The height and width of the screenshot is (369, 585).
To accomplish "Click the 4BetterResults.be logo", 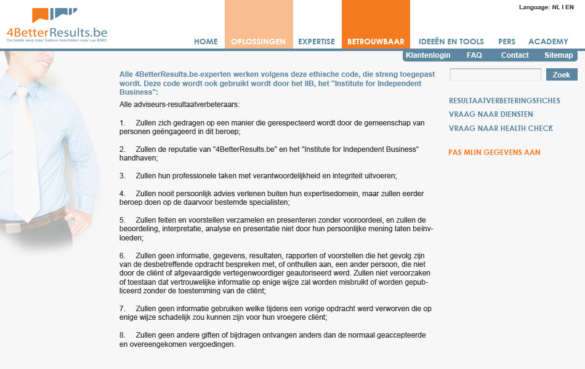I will pyautogui.click(x=57, y=26).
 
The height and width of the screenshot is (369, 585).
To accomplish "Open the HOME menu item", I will pyautogui.click(x=206, y=42).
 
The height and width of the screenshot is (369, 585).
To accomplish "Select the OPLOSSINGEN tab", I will pyautogui.click(x=258, y=42).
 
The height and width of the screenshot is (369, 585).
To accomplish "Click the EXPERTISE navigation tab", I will pyautogui.click(x=317, y=42).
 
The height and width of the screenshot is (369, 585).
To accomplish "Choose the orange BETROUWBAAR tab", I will pyautogui.click(x=376, y=42).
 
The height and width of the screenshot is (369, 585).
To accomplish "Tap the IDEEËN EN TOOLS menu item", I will pyautogui.click(x=451, y=42).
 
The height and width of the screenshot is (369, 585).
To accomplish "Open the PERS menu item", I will pyautogui.click(x=507, y=42).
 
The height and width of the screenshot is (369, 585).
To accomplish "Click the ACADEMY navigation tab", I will pyautogui.click(x=548, y=42).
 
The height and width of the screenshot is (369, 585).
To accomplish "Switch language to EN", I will pyautogui.click(x=570, y=7).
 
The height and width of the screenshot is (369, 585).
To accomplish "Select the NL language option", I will pyautogui.click(x=555, y=7).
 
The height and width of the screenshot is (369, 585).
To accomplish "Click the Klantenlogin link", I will pyautogui.click(x=428, y=55).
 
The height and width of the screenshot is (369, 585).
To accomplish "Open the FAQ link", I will pyautogui.click(x=474, y=55).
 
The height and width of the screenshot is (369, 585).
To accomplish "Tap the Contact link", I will pyautogui.click(x=515, y=55).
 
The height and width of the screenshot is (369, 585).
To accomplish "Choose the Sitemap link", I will pyautogui.click(x=559, y=55).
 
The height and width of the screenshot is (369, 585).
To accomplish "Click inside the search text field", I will pyautogui.click(x=495, y=74).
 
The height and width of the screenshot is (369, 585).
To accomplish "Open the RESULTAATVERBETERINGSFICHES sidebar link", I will pyautogui.click(x=504, y=101).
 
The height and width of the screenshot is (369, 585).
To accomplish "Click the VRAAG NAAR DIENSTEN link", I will pyautogui.click(x=491, y=114).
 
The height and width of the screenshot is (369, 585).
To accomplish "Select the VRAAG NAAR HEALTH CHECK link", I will pyautogui.click(x=501, y=129).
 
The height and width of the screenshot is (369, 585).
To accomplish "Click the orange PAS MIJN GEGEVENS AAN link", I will pyautogui.click(x=494, y=153).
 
